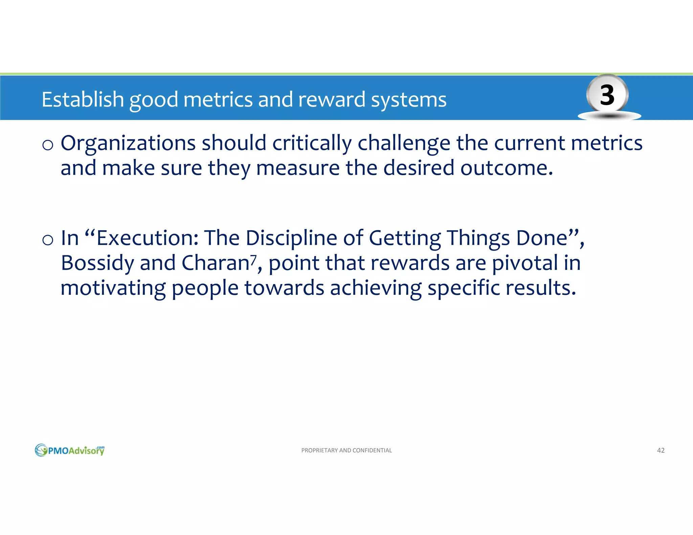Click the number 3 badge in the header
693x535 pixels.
pos(607,95)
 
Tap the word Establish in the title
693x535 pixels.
pos(83,100)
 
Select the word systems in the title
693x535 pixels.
pos(408,100)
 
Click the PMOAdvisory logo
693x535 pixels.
pos(70,450)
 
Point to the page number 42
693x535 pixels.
pos(661,450)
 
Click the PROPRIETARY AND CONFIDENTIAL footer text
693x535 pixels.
pos(346,450)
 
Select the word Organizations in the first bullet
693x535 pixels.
pos(128,144)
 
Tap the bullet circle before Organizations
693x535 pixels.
pos(48,145)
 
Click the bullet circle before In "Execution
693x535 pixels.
pos(48,240)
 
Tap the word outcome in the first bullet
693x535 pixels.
pos(506,168)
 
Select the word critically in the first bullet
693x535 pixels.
pos(312,144)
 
